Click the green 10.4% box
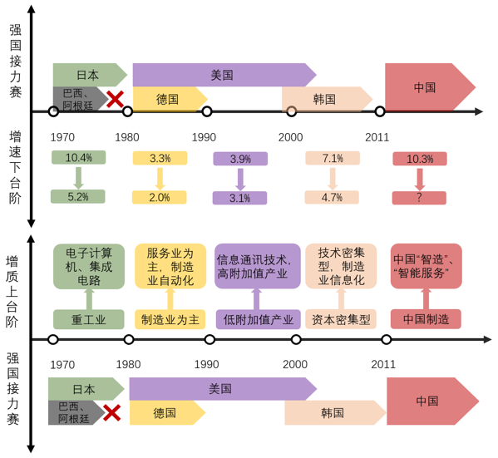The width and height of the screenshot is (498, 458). point(78,158)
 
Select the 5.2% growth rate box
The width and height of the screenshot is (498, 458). point(78,197)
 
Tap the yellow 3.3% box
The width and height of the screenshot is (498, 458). point(160,158)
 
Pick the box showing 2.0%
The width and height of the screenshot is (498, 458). point(159,197)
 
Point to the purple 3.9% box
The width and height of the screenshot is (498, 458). point(240,159)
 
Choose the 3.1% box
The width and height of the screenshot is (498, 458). point(239,198)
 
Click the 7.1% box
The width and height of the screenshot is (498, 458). point(333,158)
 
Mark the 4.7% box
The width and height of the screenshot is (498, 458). point(332,197)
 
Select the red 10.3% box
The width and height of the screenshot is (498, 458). point(420,159)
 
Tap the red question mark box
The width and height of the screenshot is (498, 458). point(419,198)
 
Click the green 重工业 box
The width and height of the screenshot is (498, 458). point(89,319)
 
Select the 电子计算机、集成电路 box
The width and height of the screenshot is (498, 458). point(89,267)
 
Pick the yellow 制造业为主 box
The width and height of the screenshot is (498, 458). point(170,319)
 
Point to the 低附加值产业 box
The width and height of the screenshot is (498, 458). point(259,319)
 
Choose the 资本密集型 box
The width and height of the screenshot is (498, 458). point(341,319)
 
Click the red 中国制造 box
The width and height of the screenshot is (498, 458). point(426,319)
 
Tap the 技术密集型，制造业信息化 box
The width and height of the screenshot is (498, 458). point(341,266)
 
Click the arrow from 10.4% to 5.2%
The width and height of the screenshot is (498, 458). point(78,177)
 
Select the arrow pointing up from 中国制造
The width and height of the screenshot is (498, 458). point(426,299)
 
